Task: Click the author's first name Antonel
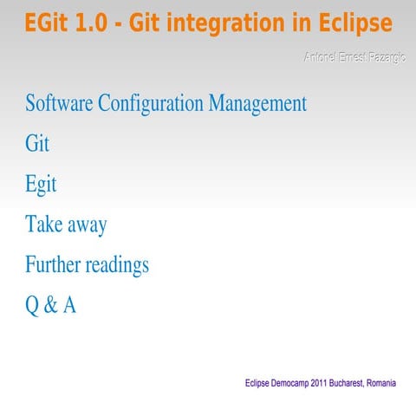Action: pyautogui.click(x=320, y=57)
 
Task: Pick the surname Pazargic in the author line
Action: pyautogui.click(x=380, y=57)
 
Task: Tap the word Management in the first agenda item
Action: pyautogui.click(x=257, y=104)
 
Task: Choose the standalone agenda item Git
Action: pyautogui.click(x=37, y=144)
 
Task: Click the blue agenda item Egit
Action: pyautogui.click(x=41, y=185)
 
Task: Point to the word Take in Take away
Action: pyautogui.click(x=42, y=224)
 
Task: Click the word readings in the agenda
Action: pyautogui.click(x=117, y=264)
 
